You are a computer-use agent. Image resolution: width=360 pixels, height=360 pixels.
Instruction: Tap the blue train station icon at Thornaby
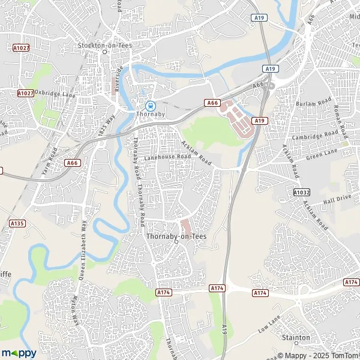click(143, 102)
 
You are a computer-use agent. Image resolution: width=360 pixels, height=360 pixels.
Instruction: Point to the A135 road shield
click(17, 223)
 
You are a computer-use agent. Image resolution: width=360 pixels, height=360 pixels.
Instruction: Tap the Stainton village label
click(295, 338)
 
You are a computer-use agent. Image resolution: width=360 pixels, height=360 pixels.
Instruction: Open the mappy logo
click(19, 353)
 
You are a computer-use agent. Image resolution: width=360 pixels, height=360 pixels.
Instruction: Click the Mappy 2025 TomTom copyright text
click(323, 353)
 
